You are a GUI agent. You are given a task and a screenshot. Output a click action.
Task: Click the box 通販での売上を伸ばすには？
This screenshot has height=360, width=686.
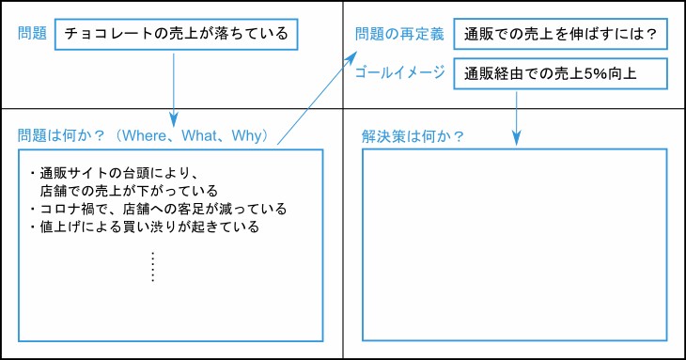coord(560,35)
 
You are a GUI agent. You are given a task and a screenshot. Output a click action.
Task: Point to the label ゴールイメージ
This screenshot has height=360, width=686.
coord(400,72)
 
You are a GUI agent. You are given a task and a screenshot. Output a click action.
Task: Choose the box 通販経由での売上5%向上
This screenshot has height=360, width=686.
coord(560,73)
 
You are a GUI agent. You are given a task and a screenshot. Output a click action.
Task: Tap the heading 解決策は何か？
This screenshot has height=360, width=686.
coord(413,135)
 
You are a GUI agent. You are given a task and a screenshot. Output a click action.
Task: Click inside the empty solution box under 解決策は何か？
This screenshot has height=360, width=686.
coord(514,244)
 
